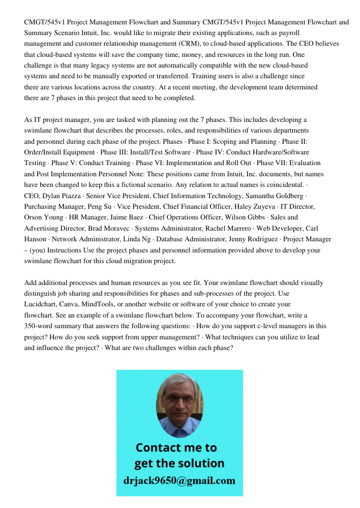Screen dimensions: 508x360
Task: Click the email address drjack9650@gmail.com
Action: click(x=179, y=481)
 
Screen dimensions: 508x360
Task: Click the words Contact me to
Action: click(x=176, y=448)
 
